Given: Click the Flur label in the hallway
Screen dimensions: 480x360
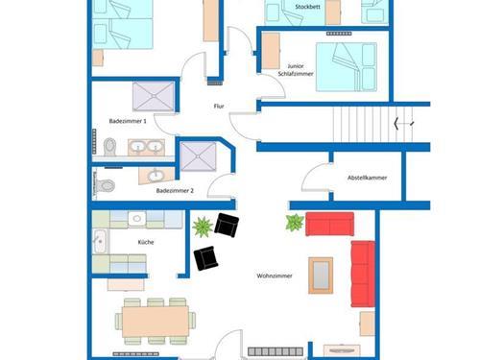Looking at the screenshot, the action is (x=219, y=107).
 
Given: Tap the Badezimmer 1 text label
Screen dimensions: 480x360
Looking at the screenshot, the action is (x=128, y=121).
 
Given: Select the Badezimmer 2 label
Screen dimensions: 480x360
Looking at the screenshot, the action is (x=175, y=191).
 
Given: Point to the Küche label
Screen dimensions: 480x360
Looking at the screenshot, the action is (x=146, y=242).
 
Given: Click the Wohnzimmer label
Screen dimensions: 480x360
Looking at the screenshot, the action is (x=275, y=276).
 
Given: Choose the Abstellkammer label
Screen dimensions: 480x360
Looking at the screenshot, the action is (x=368, y=178).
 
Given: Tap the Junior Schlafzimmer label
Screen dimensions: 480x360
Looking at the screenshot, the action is (x=296, y=70).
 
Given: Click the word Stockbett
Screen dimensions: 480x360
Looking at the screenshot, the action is (x=307, y=7).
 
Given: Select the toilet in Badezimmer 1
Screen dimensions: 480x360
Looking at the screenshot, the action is (x=109, y=147).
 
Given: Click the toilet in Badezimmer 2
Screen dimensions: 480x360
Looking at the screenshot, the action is (x=106, y=185).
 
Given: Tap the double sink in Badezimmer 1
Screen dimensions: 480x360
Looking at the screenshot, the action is (x=147, y=147).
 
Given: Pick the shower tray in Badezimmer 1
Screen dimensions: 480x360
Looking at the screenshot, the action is (x=154, y=96).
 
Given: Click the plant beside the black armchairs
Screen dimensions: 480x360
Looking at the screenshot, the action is (x=203, y=227).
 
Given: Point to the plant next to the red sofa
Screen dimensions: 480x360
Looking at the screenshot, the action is (x=295, y=223).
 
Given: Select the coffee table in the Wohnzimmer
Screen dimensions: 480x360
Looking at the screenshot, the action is (x=321, y=276).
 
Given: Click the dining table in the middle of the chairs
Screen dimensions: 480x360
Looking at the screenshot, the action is (x=156, y=322).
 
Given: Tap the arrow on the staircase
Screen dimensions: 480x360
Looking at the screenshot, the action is (x=404, y=123).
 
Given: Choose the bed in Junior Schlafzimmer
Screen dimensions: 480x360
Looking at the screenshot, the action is (x=347, y=67).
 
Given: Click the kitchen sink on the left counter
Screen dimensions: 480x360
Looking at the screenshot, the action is (x=101, y=241).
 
